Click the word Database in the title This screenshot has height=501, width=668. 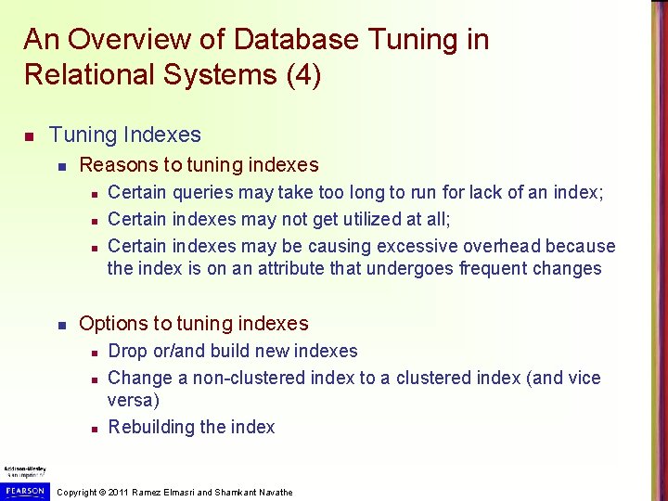(296, 40)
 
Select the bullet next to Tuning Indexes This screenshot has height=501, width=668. (30, 137)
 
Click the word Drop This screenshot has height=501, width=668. (127, 352)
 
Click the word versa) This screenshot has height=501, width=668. (134, 401)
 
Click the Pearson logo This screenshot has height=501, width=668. (23, 490)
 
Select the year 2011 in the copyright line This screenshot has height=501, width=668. (119, 493)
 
